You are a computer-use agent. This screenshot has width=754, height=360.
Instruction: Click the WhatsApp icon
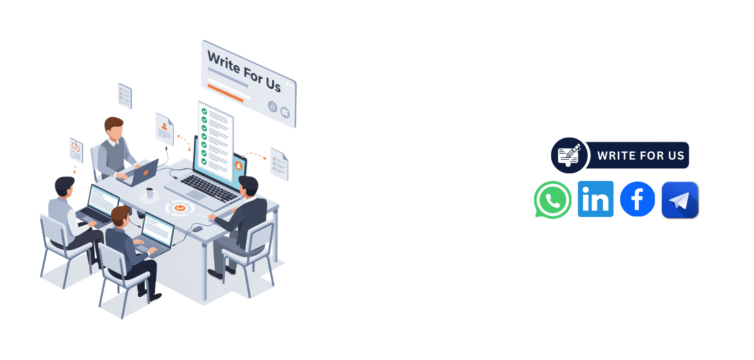[x=553, y=199]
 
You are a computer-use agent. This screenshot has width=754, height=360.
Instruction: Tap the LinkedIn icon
[x=595, y=198]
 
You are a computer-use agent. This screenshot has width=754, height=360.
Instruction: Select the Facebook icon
[x=637, y=199]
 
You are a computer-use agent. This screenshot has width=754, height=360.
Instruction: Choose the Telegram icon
[x=680, y=200]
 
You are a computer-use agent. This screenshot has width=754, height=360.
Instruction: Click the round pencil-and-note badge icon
[x=569, y=155]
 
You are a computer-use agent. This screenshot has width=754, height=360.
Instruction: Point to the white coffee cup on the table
[x=150, y=193]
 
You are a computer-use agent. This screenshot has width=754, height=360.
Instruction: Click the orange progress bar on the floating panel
[x=225, y=93]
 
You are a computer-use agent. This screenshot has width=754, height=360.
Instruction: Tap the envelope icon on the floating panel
[x=285, y=112]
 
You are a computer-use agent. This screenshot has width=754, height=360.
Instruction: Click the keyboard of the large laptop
[x=209, y=189]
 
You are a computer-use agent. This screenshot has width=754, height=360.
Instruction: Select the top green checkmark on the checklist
[x=204, y=111]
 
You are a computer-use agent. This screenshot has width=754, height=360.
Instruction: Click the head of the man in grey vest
[x=114, y=128]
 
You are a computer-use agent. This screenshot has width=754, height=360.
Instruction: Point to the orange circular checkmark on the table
[x=180, y=208]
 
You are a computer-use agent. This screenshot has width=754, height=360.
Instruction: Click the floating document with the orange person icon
[x=164, y=129]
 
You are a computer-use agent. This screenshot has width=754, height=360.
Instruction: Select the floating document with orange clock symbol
[x=76, y=150]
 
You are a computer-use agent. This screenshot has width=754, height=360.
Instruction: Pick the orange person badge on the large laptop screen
[x=238, y=166]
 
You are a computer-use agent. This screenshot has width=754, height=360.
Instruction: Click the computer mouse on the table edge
[x=197, y=229]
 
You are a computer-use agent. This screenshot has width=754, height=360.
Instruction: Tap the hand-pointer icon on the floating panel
[x=272, y=107]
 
